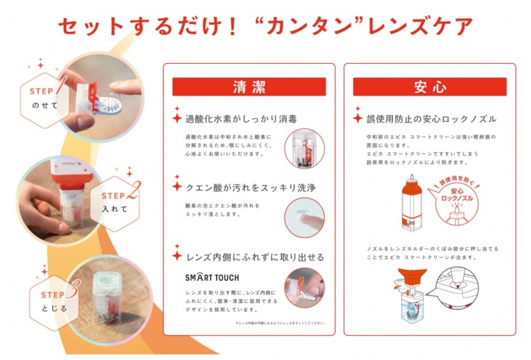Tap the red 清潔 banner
249,87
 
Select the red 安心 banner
430,87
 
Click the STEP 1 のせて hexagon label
50,98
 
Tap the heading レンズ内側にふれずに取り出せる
253,257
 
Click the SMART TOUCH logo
212,276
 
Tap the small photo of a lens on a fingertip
304,218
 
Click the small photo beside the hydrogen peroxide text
304,147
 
